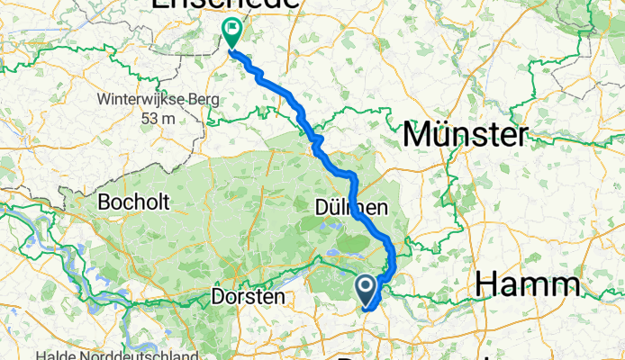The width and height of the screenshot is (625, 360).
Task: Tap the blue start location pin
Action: (x=367, y=291)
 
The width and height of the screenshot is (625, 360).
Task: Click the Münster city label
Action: (x=465, y=136)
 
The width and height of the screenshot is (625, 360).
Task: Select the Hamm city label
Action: (x=528, y=285)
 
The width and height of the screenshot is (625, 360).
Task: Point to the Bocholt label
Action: (x=137, y=202)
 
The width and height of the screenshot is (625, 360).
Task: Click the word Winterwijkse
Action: (x=136, y=100)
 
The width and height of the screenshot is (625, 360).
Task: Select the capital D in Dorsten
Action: (x=217, y=295)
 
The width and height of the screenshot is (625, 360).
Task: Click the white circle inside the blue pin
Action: (x=367, y=287)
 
